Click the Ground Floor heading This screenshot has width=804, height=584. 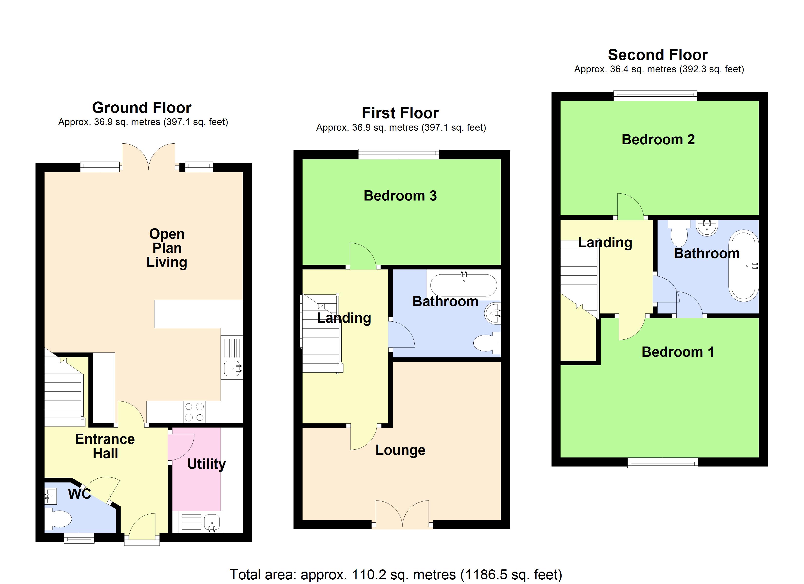(142, 108)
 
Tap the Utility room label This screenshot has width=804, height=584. (206, 464)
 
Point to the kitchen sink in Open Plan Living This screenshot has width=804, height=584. (232, 369)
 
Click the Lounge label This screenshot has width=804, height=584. (400, 450)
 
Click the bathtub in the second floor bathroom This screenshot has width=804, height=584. (743, 266)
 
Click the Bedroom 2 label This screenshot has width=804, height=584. (658, 139)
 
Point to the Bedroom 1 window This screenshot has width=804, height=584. (662, 463)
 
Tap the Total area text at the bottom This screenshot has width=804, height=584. (396, 575)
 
